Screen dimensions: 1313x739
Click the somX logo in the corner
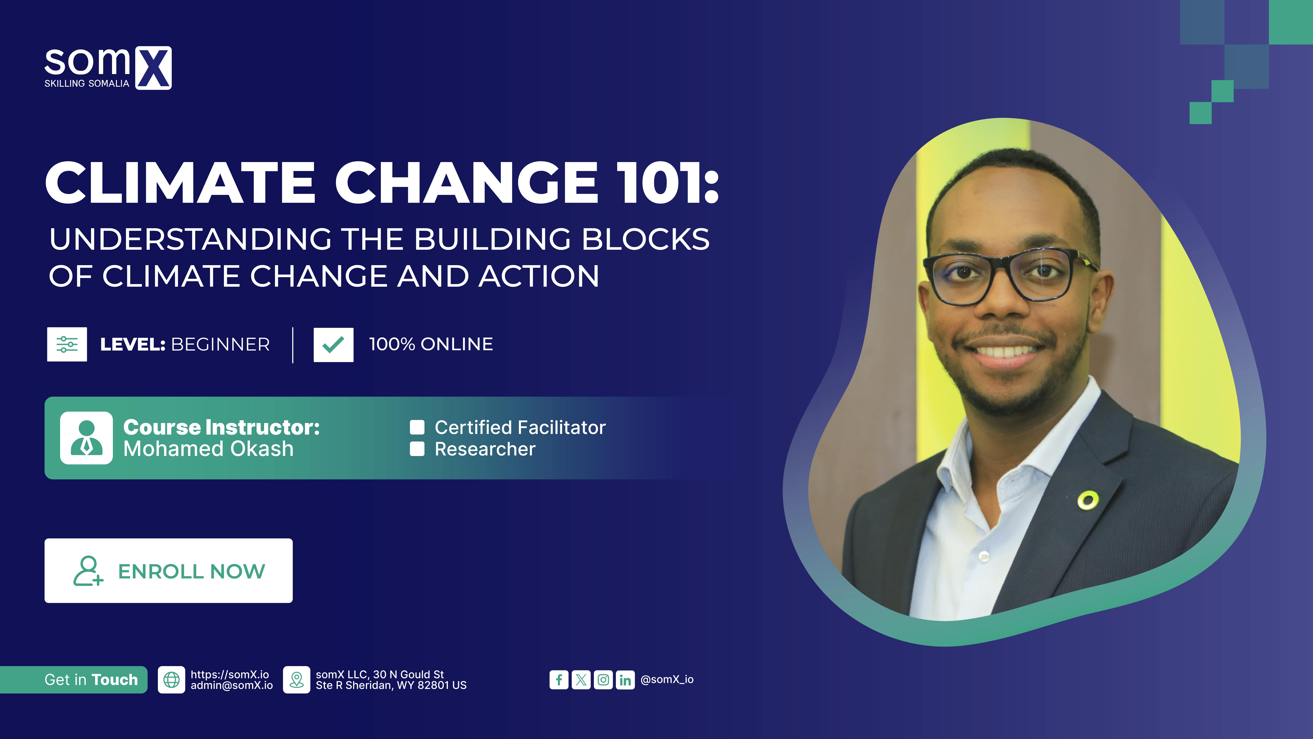tap(107, 68)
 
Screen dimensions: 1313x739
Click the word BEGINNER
tap(220, 345)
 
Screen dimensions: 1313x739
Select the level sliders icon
tap(67, 344)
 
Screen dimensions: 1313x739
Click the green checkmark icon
tap(333, 345)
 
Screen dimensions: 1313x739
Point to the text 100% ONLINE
tap(431, 344)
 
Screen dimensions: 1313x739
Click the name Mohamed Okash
tap(208, 449)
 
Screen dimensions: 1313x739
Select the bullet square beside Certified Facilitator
tap(417, 427)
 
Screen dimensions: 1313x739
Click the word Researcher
tap(485, 449)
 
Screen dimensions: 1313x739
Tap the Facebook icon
tap(559, 680)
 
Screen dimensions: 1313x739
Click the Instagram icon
tap(603, 680)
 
